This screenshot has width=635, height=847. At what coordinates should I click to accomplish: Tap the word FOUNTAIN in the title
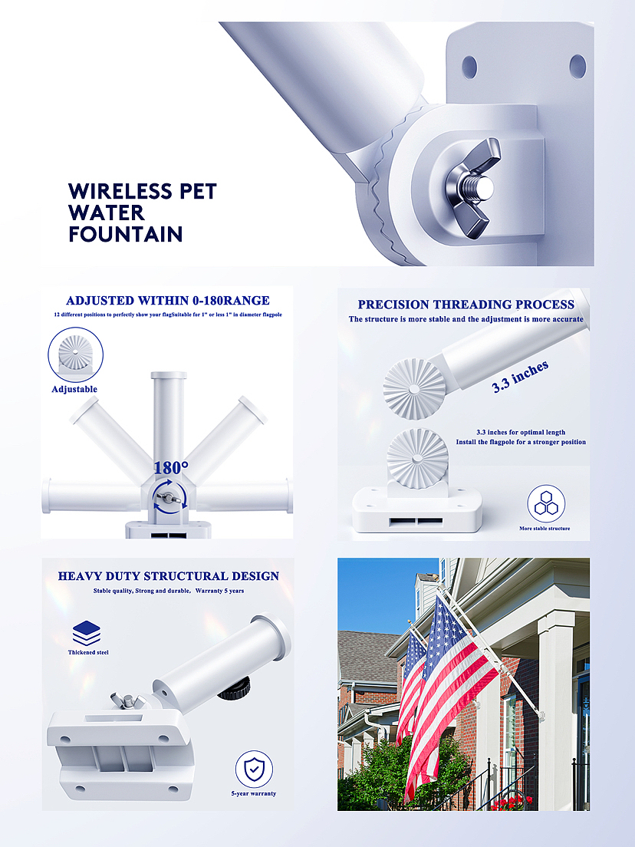[125, 235]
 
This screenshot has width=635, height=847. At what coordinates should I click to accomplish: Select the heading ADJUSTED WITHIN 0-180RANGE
[167, 300]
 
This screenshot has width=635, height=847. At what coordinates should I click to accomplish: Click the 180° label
[171, 468]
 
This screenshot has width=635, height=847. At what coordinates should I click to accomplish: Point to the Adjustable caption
[74, 389]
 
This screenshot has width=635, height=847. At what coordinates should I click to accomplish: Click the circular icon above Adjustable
[76, 354]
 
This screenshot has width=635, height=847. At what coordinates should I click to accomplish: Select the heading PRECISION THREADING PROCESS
[466, 305]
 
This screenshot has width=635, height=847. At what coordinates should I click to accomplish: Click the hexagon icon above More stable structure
[546, 503]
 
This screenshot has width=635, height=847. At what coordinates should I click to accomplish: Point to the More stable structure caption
[545, 529]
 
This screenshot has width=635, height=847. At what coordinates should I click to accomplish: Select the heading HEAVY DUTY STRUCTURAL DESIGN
[169, 576]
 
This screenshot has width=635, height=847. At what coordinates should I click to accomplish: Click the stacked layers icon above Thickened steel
[87, 634]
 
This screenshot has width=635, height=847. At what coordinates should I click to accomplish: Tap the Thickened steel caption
[88, 653]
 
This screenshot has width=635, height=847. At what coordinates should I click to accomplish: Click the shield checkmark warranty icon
[254, 770]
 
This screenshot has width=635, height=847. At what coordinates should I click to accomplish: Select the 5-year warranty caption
[254, 793]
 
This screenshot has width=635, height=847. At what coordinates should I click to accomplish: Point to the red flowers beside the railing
[508, 803]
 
